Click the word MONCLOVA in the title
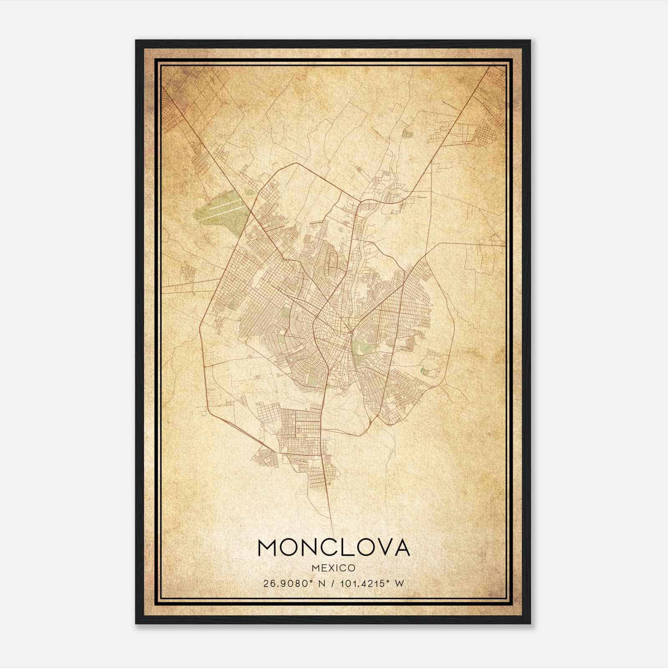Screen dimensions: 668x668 click(334, 548)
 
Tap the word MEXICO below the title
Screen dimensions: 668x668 click(334, 568)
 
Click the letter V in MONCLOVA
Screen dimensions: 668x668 click(380, 548)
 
